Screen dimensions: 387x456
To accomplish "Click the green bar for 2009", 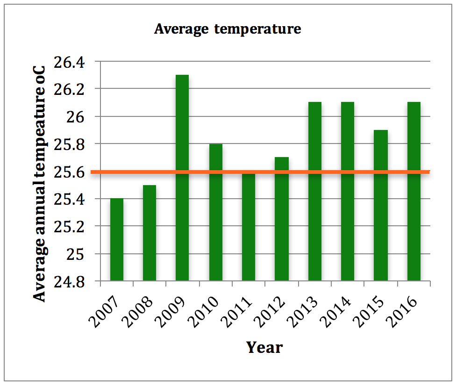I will [x=182, y=178].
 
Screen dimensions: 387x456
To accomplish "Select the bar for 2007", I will [x=116, y=239].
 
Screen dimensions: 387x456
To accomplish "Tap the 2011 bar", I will [x=249, y=227].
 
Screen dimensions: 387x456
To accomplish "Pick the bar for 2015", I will [x=381, y=206].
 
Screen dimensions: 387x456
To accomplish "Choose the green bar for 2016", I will [x=414, y=192].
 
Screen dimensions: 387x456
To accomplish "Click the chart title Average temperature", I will [x=228, y=29].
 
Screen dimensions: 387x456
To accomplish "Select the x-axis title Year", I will [x=264, y=347].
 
